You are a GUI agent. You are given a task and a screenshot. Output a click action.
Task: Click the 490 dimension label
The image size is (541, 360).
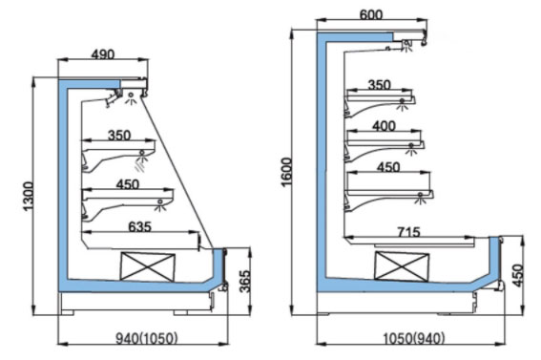tap(103, 54)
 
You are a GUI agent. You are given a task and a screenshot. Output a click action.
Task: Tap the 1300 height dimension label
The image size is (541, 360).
tap(29, 196)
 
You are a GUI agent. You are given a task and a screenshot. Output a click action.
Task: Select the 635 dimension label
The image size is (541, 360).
tap(139, 226)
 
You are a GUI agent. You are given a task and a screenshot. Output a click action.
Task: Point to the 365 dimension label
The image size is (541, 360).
tap(244, 282)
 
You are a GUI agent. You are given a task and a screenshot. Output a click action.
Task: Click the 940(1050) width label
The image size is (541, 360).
tap(147, 338)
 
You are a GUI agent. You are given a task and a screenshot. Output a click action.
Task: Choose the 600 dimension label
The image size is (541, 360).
tap(371, 15)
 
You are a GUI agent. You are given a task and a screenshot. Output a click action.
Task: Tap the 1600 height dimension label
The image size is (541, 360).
tap(287, 172)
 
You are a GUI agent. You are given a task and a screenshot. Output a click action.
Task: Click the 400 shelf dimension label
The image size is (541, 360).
tap(384, 126)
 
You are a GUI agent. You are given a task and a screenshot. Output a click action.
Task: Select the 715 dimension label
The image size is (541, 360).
tap(409, 232)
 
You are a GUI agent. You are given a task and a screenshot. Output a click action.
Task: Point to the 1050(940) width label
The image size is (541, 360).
tap(414, 338)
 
